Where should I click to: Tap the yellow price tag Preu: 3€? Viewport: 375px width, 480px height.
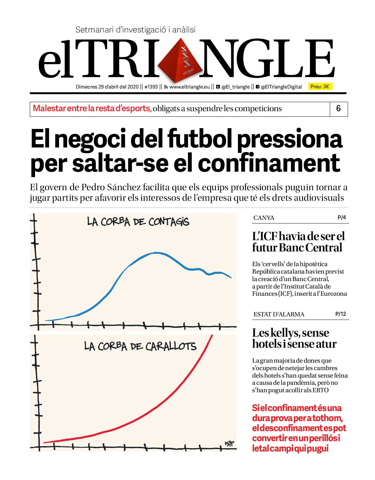320,86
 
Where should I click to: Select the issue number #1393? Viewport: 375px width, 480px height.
151,87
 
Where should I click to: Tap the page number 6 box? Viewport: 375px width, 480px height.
338,109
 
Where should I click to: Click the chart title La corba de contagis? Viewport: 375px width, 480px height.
138,222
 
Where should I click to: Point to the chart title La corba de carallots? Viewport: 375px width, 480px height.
140,346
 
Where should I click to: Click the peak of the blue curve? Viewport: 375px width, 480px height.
156,253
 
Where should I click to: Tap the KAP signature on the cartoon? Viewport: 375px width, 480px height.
229,443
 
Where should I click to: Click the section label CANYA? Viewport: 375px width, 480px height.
264,218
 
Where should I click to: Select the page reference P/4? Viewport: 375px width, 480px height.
342,218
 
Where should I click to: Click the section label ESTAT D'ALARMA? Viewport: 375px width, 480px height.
279,314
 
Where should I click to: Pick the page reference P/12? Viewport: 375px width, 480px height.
340,314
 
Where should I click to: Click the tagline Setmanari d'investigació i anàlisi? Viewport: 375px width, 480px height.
135,30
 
